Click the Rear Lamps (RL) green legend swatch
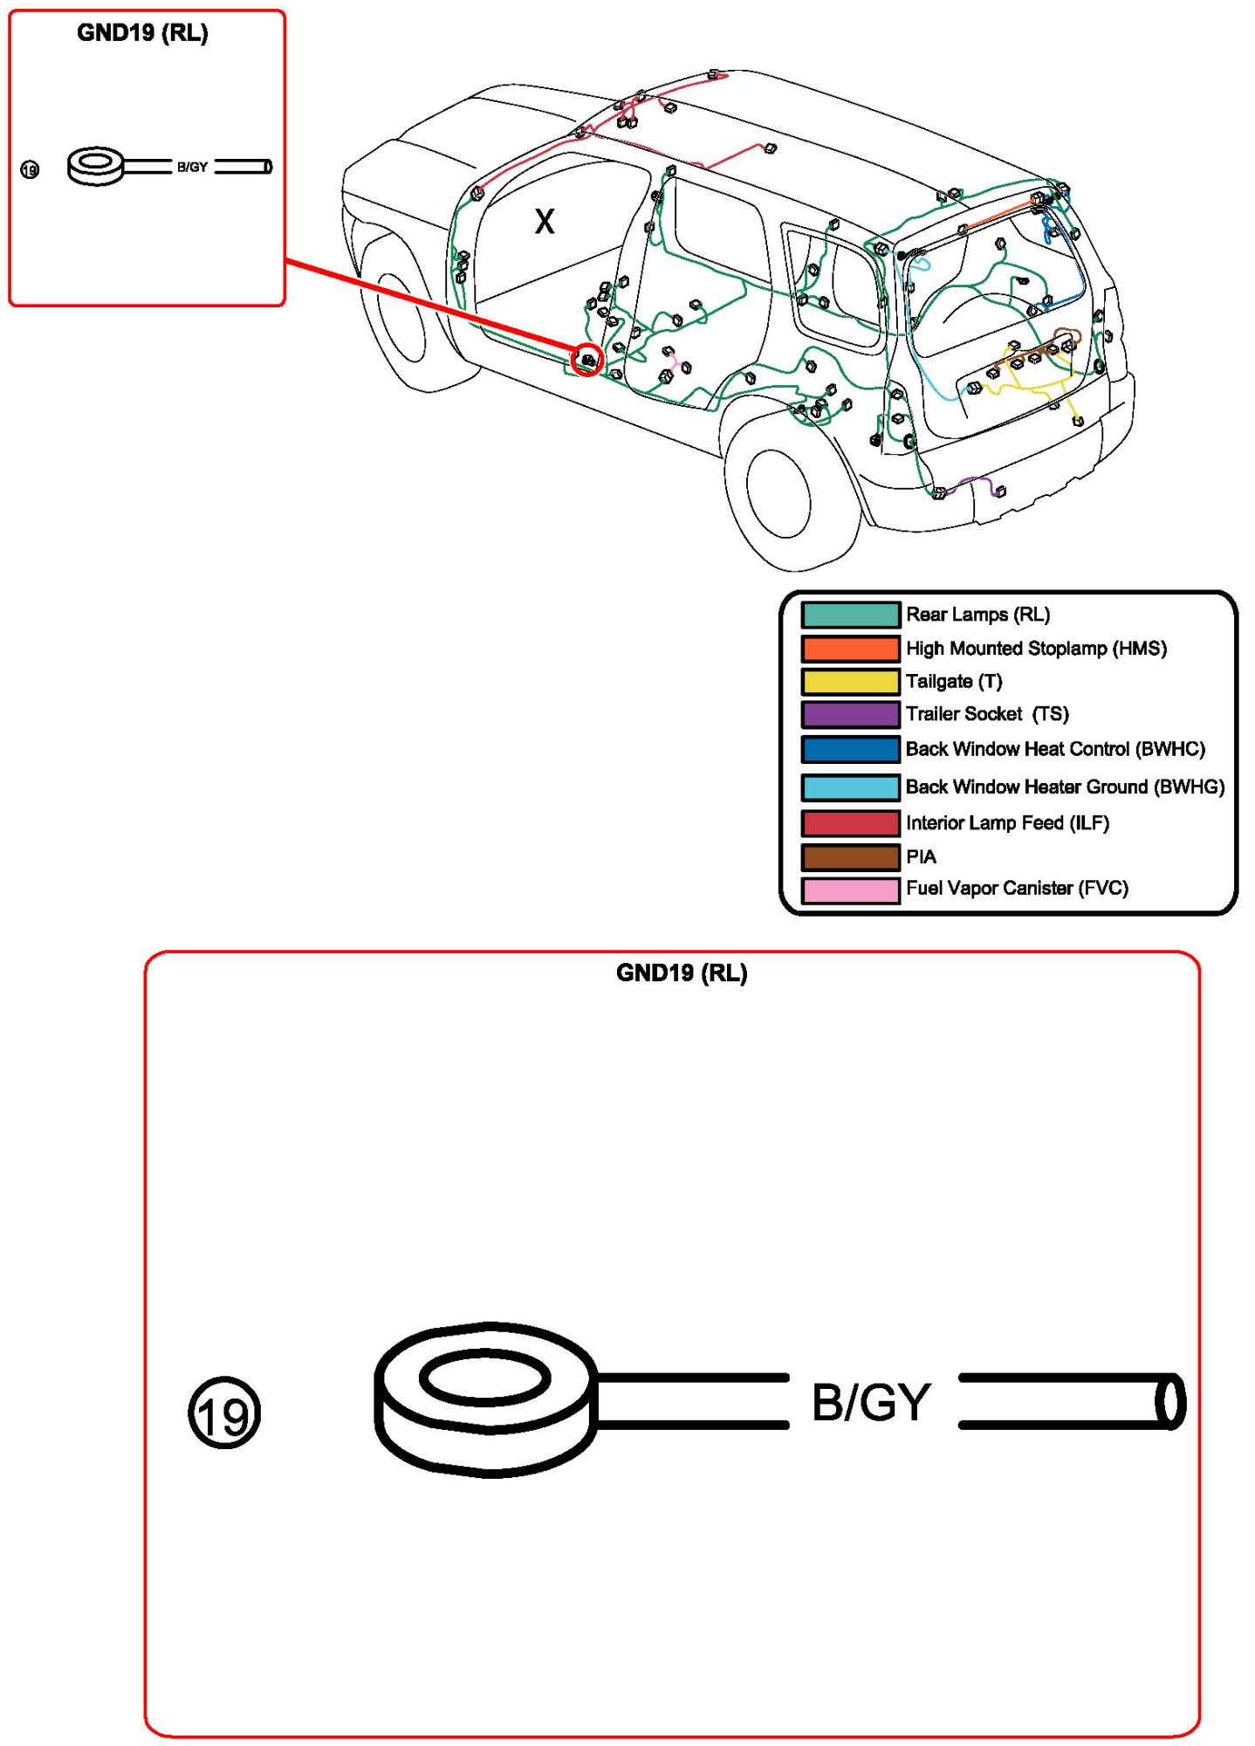(850, 615)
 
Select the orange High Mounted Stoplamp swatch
(850, 649)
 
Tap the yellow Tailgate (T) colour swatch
(850, 682)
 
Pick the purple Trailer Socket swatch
(850, 714)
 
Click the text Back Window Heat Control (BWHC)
(1054, 749)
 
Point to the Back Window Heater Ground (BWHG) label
(1064, 787)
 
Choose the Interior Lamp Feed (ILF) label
(1007, 822)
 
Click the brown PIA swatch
(850, 857)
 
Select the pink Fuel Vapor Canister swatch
(850, 890)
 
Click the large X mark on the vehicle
(545, 221)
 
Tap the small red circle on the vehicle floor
(587, 359)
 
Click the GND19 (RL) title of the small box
(142, 33)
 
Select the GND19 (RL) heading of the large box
(681, 973)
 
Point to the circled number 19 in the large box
(224, 1412)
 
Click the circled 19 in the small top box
(30, 169)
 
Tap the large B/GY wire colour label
(870, 1402)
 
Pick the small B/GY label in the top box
(192, 167)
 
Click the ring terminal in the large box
(485, 1399)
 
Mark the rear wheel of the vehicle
(778, 494)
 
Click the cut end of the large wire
(1170, 1401)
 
